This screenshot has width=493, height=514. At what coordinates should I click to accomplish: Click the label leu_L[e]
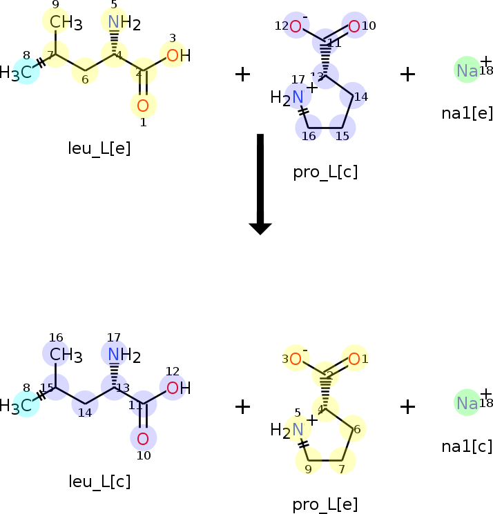[x=99, y=148]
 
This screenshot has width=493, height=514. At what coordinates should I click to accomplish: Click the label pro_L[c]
[x=325, y=172]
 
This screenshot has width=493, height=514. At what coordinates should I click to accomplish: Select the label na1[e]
[x=467, y=112]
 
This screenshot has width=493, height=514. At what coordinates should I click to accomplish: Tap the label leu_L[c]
[x=99, y=481]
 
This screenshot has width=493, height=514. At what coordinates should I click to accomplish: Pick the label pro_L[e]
[x=325, y=504]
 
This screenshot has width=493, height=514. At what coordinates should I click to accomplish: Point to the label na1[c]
[x=467, y=446]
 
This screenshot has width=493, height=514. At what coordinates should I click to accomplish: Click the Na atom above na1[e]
[x=467, y=70]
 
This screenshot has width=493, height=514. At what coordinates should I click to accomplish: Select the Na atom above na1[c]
[x=467, y=402]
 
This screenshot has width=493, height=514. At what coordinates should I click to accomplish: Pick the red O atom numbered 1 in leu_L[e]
[x=143, y=106]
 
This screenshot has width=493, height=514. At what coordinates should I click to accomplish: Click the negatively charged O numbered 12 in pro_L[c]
[x=296, y=27]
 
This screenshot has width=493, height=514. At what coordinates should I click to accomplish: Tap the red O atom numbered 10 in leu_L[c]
[x=143, y=439]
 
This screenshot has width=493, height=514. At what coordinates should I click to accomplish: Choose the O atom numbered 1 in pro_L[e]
[x=354, y=359]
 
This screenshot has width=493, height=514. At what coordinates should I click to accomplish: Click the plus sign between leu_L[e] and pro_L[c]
[x=242, y=74]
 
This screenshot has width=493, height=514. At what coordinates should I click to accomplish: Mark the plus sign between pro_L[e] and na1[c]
[x=407, y=406]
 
